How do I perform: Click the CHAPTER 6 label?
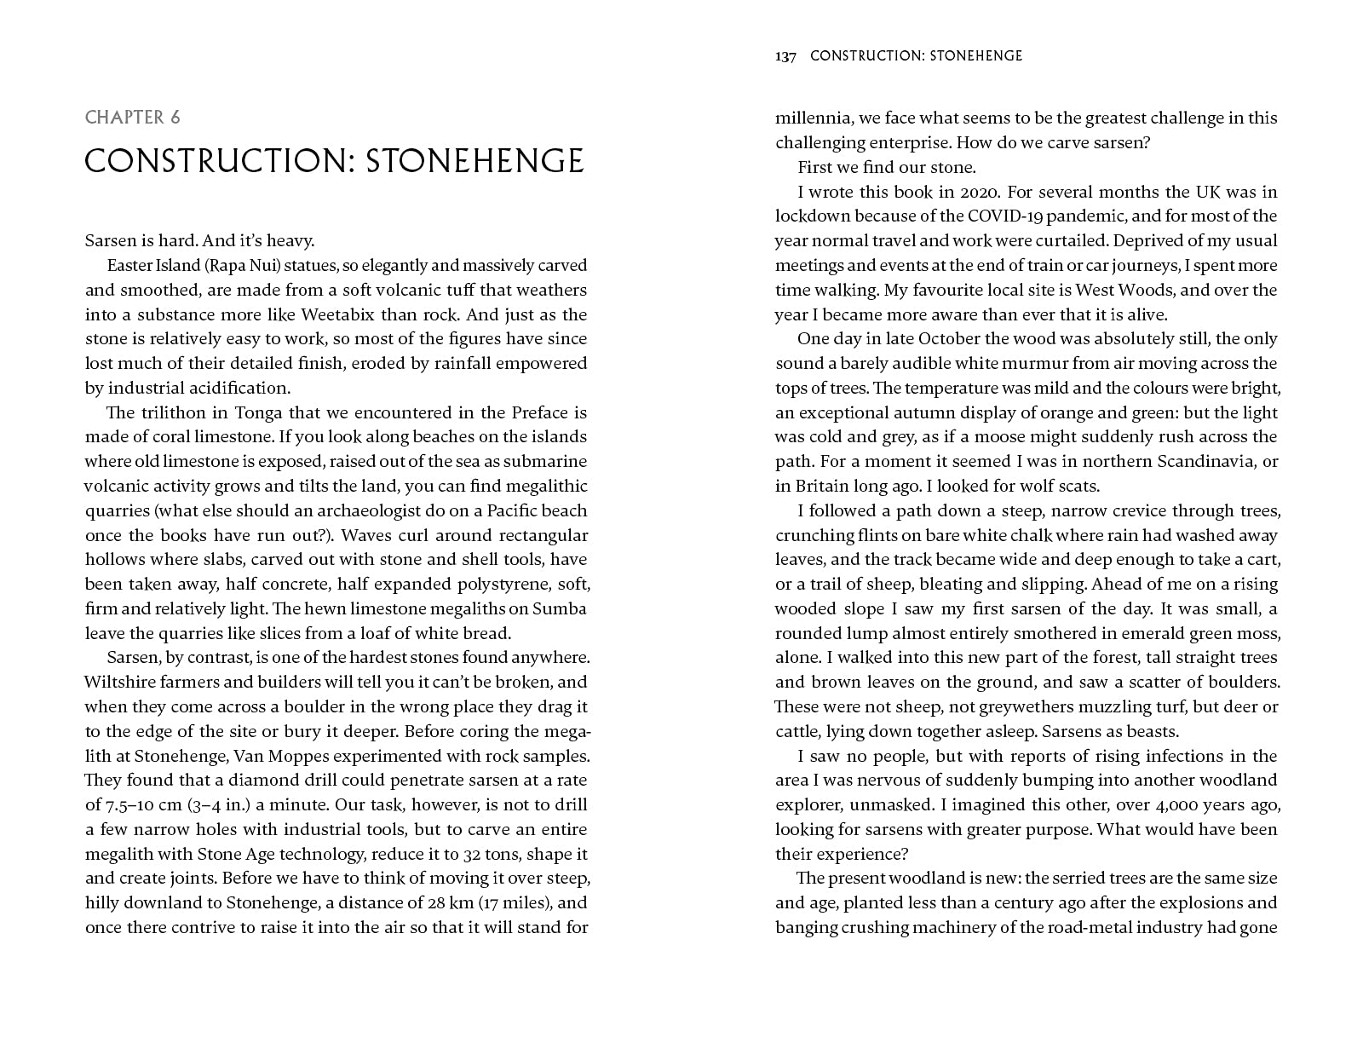pyautogui.click(x=132, y=118)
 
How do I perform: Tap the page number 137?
pyautogui.click(x=785, y=56)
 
